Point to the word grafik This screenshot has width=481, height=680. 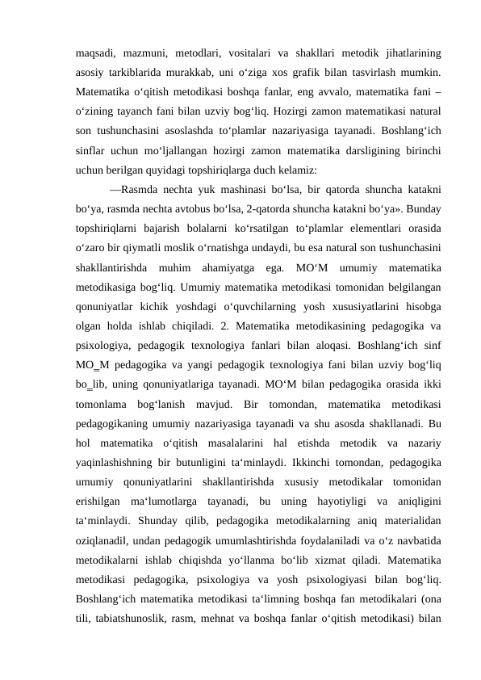click(x=303, y=73)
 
